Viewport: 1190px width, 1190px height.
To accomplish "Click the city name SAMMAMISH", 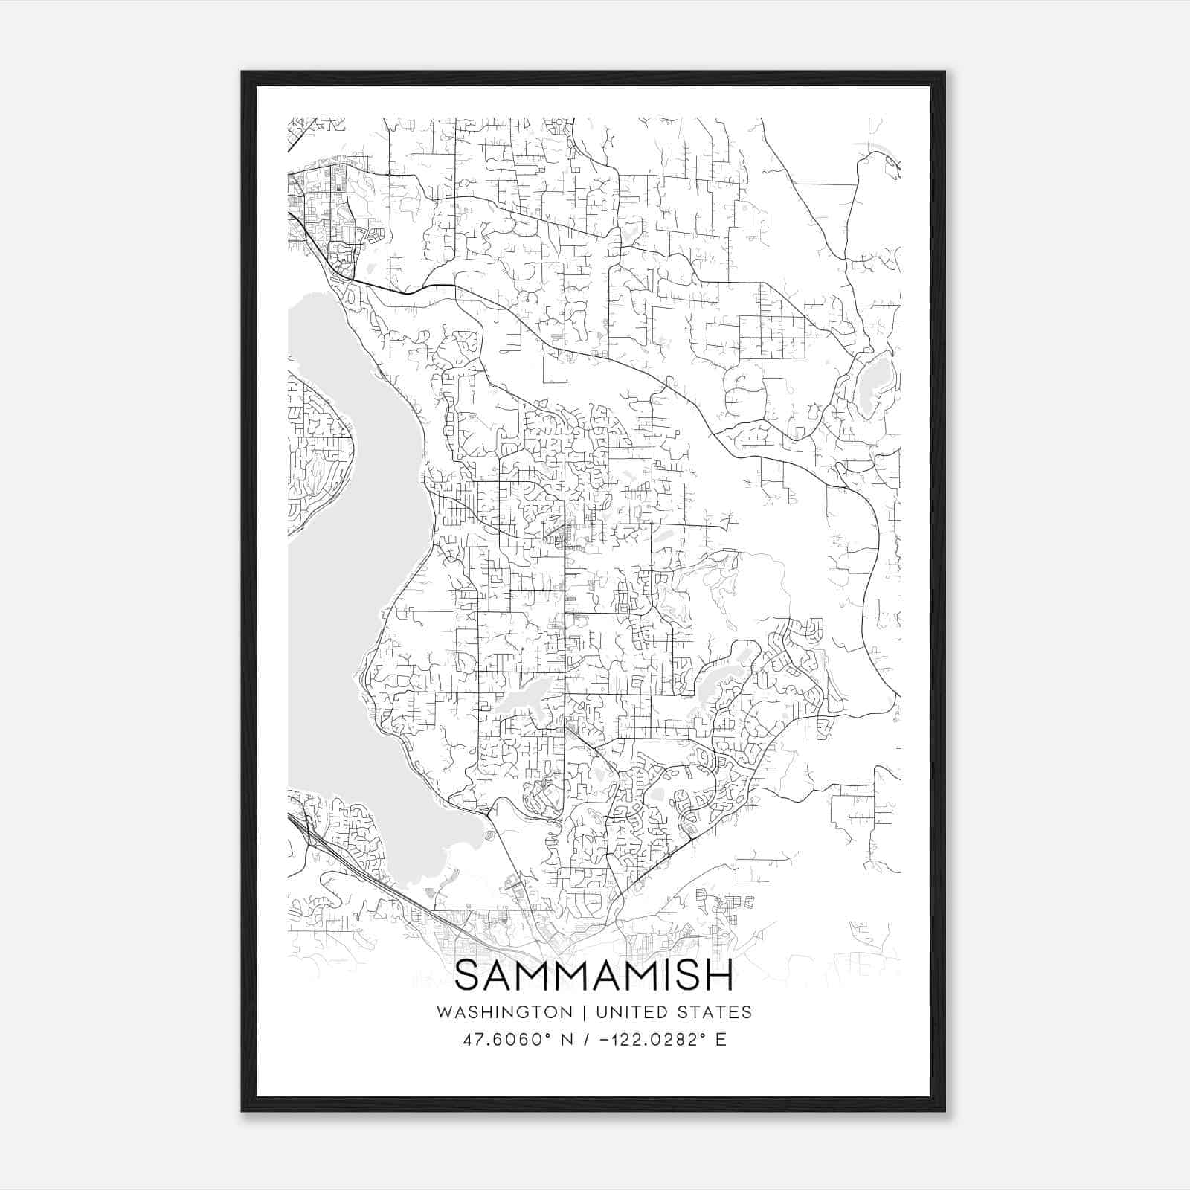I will (594, 976).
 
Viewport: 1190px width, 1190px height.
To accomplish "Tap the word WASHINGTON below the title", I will (504, 1012).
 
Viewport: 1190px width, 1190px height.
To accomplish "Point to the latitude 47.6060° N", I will (516, 1040).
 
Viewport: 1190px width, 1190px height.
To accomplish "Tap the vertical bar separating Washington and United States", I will (585, 1012).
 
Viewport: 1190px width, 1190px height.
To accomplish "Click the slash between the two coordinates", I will (588, 1040).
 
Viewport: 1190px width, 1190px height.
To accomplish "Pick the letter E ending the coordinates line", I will (721, 1040).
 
